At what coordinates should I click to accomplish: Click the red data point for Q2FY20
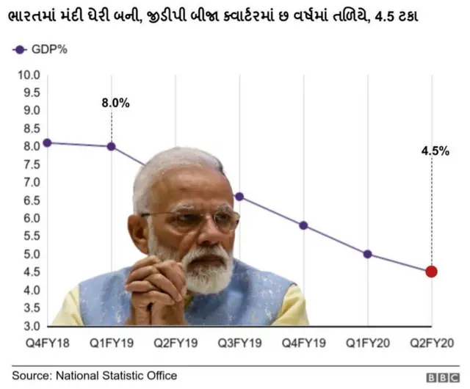click(x=431, y=272)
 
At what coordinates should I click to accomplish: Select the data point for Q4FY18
click(x=48, y=142)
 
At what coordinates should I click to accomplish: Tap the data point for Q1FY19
click(x=112, y=146)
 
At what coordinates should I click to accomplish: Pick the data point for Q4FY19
click(x=303, y=225)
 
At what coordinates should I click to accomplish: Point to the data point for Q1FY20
click(x=367, y=254)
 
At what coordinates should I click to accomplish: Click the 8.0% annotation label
click(x=115, y=103)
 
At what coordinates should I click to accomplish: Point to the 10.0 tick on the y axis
click(x=28, y=74)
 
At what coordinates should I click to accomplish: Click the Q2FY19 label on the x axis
click(x=176, y=343)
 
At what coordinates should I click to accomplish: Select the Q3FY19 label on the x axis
click(x=239, y=343)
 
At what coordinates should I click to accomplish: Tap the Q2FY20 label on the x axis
click(x=431, y=343)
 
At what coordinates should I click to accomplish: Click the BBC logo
click(x=444, y=377)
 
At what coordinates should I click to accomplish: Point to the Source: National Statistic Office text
click(x=94, y=376)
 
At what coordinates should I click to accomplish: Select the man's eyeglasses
click(x=192, y=219)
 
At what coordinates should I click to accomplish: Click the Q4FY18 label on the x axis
click(x=48, y=343)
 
